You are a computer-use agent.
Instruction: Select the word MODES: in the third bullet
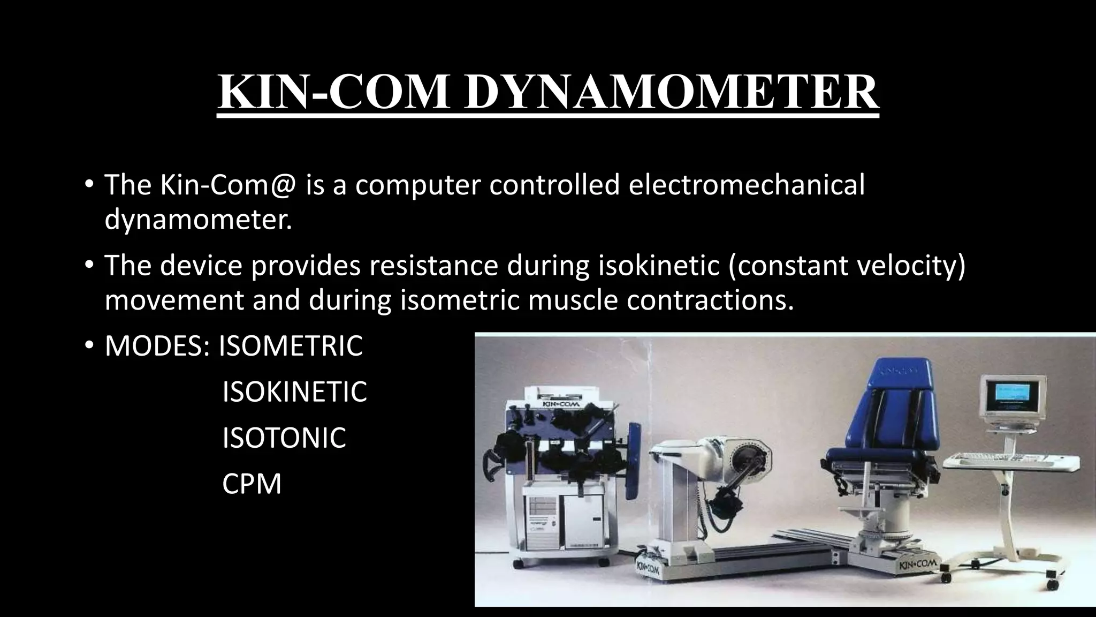pos(157,346)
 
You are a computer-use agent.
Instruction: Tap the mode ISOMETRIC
pos(291,346)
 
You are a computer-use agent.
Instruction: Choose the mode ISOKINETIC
pos(294,392)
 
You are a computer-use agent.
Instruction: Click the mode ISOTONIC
pos(284,438)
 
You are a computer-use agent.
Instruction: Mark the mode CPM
pos(252,484)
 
